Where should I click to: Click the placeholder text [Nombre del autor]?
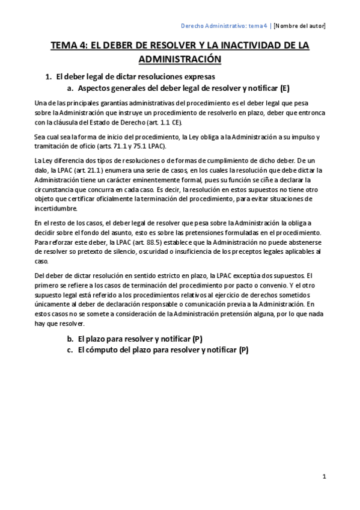(300, 26)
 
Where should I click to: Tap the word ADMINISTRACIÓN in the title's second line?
(180, 59)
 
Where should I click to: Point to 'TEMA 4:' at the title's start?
(67, 46)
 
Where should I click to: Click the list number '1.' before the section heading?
(49, 77)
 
